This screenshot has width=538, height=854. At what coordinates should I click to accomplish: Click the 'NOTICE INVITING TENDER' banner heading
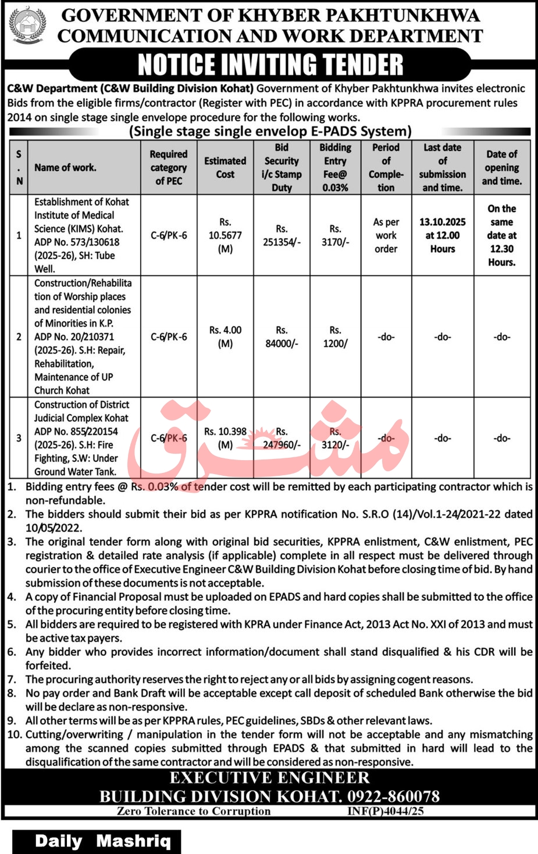270,64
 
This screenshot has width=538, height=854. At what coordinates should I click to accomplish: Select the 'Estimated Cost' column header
225,167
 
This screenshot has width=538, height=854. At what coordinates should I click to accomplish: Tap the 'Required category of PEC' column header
169,167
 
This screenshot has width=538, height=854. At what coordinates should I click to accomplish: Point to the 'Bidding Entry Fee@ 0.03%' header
335,167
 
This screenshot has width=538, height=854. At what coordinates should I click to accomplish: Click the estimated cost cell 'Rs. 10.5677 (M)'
225,235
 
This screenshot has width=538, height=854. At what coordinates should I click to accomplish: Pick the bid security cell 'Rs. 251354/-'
282,235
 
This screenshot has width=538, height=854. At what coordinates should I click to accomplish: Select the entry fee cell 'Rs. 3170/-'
335,235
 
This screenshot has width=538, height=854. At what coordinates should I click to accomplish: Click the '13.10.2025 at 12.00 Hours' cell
443,235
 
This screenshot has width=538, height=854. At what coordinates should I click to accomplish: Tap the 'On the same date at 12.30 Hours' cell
501,235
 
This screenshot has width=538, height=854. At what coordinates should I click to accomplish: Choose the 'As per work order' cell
386,235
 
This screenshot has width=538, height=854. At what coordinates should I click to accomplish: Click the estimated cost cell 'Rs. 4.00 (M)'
225,336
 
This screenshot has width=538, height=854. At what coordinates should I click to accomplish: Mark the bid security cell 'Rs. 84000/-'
282,336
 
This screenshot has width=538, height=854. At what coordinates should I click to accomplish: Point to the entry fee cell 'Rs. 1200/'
335,336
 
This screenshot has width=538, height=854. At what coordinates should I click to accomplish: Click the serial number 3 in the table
19,438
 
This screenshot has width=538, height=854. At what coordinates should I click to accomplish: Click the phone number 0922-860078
393,796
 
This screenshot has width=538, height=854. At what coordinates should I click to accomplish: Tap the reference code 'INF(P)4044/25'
386,811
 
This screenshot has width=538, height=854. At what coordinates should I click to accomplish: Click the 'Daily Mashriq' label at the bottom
103,841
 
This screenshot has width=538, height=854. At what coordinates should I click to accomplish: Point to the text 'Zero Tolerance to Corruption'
194,811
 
